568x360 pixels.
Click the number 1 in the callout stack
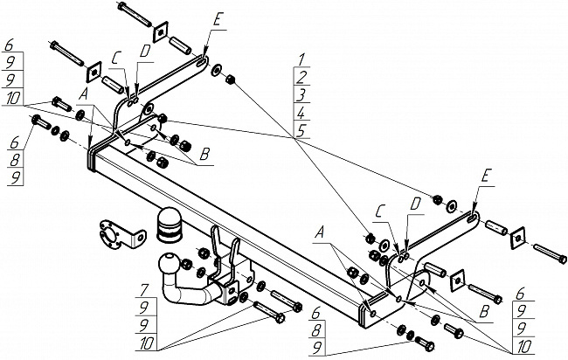301,59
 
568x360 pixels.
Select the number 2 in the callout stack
301,76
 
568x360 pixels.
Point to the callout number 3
301,93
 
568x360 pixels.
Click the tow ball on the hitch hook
167,263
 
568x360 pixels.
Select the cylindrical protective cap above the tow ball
168,224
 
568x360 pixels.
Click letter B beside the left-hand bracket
204,154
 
